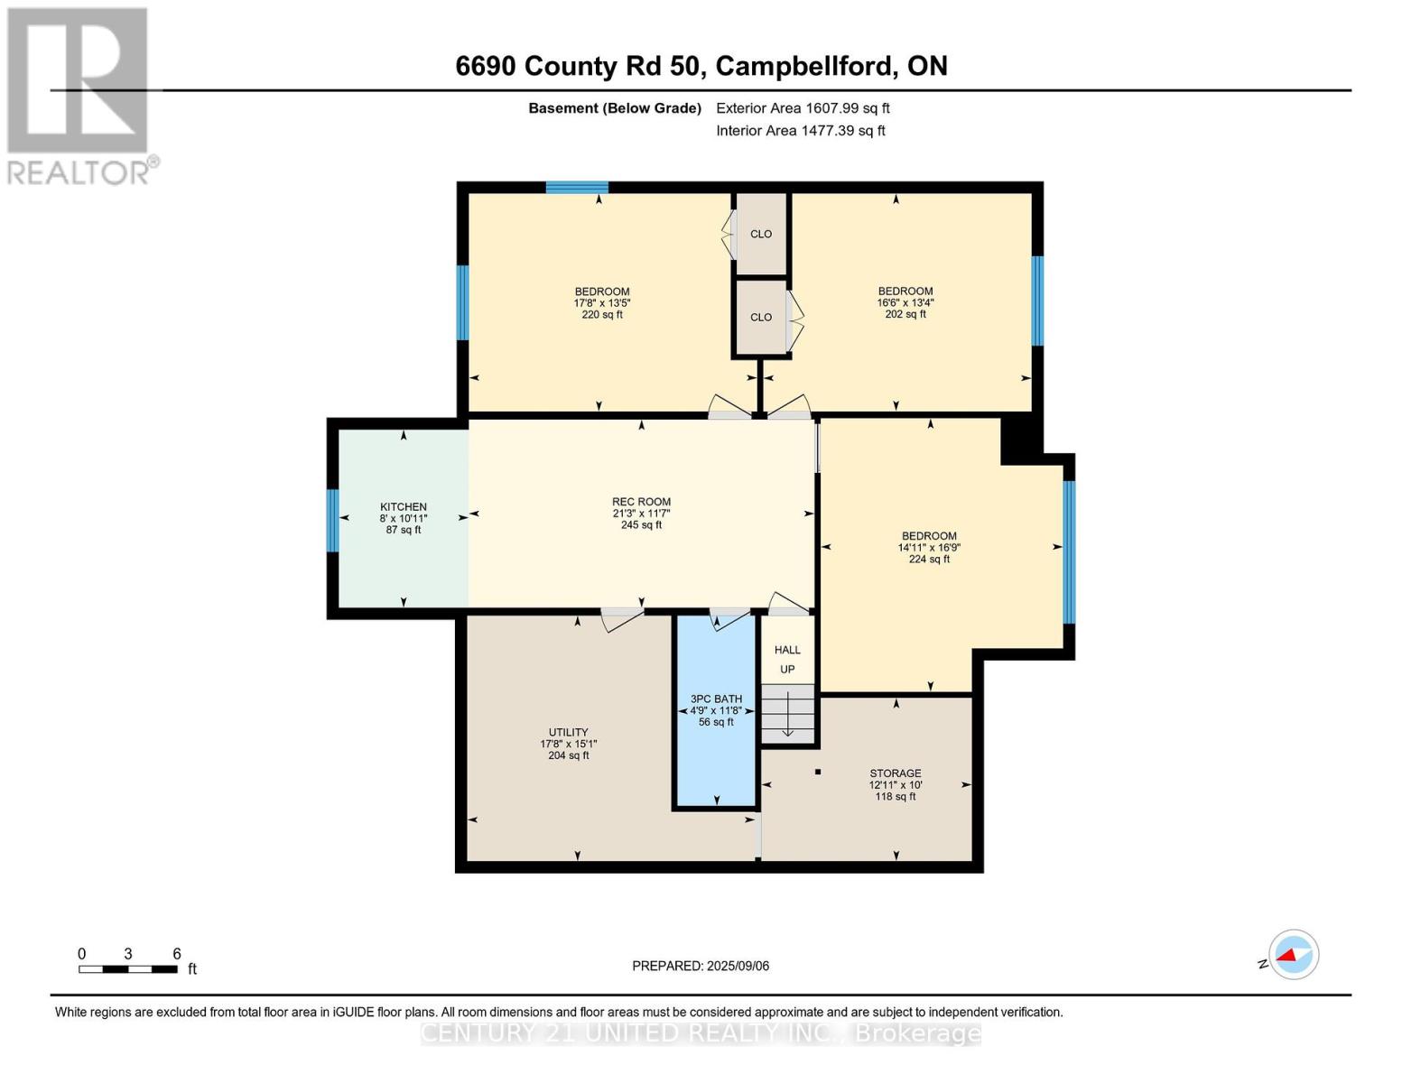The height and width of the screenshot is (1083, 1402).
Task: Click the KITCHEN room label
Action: pyautogui.click(x=403, y=518)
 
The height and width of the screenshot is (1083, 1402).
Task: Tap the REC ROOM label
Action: pyautogui.click(x=641, y=513)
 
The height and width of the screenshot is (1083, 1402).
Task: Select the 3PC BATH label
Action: pyautogui.click(x=716, y=710)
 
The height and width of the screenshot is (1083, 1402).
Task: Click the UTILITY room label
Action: pyautogui.click(x=568, y=744)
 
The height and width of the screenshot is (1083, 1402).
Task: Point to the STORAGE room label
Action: pyautogui.click(x=895, y=784)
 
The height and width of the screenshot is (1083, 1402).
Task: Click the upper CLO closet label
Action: pyautogui.click(x=761, y=234)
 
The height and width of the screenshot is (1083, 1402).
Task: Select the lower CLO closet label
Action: pyautogui.click(x=761, y=317)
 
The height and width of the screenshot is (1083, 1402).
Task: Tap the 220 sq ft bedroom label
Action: pyautogui.click(x=601, y=302)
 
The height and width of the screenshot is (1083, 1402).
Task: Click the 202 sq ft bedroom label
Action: pyautogui.click(x=905, y=302)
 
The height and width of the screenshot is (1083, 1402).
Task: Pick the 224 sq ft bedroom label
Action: pyautogui.click(x=929, y=547)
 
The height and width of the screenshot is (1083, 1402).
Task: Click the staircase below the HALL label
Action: pyautogui.click(x=788, y=713)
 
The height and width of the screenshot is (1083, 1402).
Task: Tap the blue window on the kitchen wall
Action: pyautogui.click(x=332, y=521)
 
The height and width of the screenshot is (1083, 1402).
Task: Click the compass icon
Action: pyautogui.click(x=1293, y=955)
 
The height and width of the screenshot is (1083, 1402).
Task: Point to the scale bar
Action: pyautogui.click(x=127, y=969)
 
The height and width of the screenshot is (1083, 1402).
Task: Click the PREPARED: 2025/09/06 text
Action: pyautogui.click(x=701, y=966)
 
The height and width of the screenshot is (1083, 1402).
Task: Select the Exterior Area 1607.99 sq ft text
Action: pyautogui.click(x=803, y=108)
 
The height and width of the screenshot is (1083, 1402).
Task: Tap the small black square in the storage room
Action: pyautogui.click(x=818, y=772)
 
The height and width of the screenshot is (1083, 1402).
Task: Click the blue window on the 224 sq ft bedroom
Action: pyautogui.click(x=1069, y=552)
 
